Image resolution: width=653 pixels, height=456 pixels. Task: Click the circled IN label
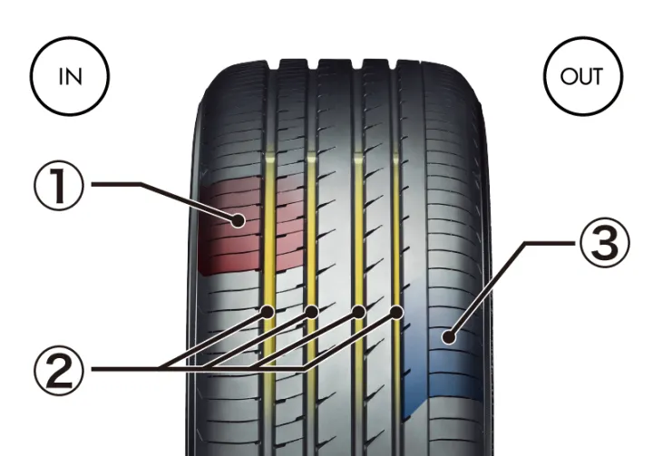[x=70, y=76]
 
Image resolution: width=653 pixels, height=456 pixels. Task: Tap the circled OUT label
[x=583, y=76]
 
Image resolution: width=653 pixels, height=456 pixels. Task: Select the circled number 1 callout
[x=59, y=185]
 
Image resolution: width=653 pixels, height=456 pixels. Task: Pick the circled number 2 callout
[x=59, y=370]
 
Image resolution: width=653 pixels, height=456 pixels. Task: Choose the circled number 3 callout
[x=605, y=242]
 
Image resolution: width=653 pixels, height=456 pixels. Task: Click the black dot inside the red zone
[x=239, y=220]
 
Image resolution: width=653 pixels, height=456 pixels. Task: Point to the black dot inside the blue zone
[x=449, y=336]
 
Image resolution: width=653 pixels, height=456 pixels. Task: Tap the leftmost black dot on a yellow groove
[x=267, y=312]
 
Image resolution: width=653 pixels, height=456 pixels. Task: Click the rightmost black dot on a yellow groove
[x=397, y=312]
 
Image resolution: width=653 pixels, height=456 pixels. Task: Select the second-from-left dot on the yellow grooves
[x=311, y=312]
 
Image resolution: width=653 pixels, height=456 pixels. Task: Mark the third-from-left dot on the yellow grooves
[x=358, y=312]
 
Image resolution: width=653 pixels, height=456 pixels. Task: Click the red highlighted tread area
[x=250, y=225]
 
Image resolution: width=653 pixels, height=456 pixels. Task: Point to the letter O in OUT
[x=568, y=77]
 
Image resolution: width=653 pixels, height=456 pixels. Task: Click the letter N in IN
[x=74, y=77]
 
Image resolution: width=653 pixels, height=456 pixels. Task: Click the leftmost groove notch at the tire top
[x=273, y=65]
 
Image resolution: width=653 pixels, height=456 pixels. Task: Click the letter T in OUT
[x=596, y=77]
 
